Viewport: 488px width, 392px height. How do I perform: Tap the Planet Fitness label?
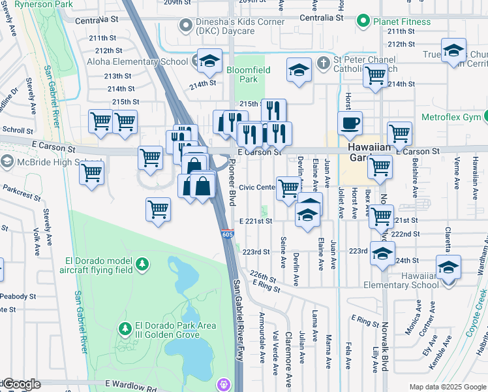[x=399, y=21]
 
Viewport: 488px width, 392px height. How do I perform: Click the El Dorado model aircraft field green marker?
[x=142, y=265]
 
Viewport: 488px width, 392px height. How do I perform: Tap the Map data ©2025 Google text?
[x=447, y=387]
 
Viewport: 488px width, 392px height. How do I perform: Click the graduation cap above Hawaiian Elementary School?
[x=449, y=267]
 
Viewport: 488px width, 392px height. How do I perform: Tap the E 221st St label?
[x=255, y=221]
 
